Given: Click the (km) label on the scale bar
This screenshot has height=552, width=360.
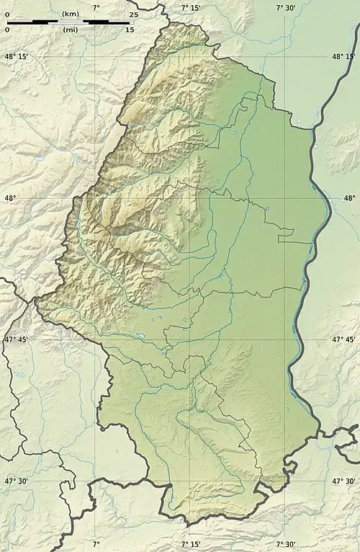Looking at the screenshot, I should pyautogui.click(x=71, y=14).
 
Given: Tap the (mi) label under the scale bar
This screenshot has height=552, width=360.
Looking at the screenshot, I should pyautogui.click(x=71, y=30).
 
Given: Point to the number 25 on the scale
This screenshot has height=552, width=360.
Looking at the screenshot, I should pyautogui.click(x=134, y=14).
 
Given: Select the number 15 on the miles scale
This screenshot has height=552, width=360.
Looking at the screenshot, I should pyautogui.click(x=130, y=30).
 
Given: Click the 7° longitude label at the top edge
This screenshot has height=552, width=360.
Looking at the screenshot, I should pyautogui.click(x=96, y=7).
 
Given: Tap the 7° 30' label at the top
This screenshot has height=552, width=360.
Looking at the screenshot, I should pyautogui.click(x=287, y=7).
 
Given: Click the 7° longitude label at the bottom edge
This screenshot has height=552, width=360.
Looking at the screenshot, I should pyautogui.click(x=96, y=545).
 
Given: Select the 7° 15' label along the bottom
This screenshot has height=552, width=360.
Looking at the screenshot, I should pyautogui.click(x=191, y=545).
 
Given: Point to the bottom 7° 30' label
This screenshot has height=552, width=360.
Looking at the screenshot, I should pyautogui.click(x=287, y=545).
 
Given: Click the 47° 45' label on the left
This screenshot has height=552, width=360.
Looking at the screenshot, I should pyautogui.click(x=17, y=339).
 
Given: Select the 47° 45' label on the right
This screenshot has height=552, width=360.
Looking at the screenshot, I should pyautogui.click(x=343, y=339).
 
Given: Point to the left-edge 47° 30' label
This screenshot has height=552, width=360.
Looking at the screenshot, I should pyautogui.click(x=17, y=481).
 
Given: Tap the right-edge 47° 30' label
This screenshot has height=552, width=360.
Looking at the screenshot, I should pyautogui.click(x=343, y=481).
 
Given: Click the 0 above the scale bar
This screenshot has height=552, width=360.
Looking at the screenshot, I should pyautogui.click(x=7, y=14).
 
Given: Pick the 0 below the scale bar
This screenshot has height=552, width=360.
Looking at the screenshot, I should pyautogui.click(x=7, y=30).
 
